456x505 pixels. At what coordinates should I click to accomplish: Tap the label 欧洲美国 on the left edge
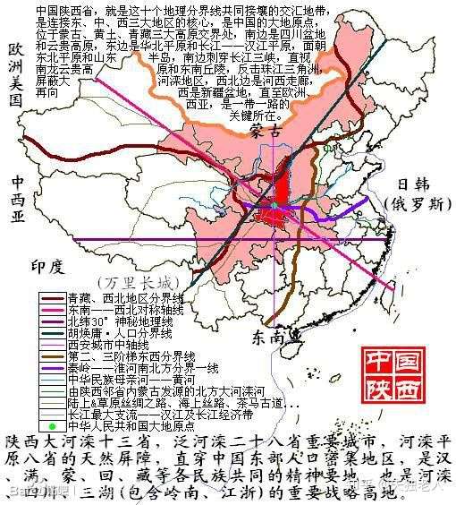click(x=12, y=72)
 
